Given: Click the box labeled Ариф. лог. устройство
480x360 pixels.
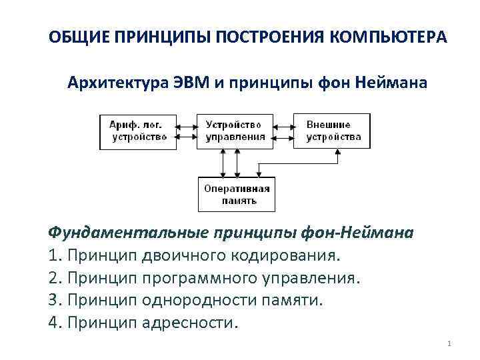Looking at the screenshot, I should click(139, 131).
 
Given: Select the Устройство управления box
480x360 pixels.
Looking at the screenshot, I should click(235, 131).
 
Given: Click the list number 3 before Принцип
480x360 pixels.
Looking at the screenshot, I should click(52, 300).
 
